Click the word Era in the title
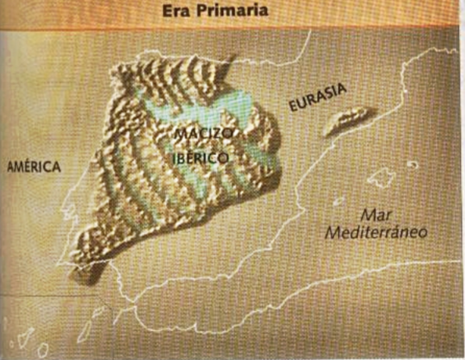point(175,12)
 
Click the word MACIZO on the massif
point(203,135)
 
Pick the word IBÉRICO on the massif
point(200,157)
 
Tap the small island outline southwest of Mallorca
point(338,201)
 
